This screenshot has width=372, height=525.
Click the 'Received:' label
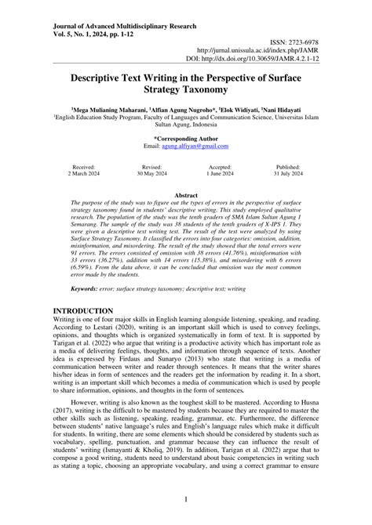coord(83,168)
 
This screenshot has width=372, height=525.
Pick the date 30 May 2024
coord(152,176)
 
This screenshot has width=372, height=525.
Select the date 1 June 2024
coord(220,176)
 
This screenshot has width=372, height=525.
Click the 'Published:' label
coord(288,168)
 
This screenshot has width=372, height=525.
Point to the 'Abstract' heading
coord(186,194)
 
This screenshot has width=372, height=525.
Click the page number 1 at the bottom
coord(186,498)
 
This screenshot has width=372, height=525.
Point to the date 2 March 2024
coord(83,176)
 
